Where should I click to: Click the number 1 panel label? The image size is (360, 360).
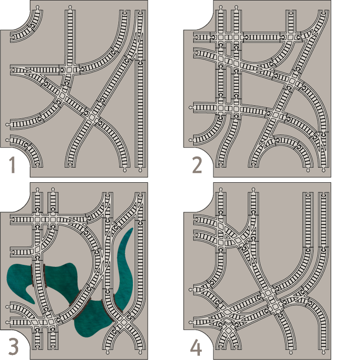pyautogui.click(x=13, y=165)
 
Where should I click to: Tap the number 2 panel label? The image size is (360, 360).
pyautogui.click(x=196, y=165)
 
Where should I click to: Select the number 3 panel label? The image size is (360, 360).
pyautogui.click(x=14, y=346)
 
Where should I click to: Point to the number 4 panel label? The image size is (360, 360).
pyautogui.click(x=196, y=346)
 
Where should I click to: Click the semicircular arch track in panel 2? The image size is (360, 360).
pyautogui.click(x=287, y=146)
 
